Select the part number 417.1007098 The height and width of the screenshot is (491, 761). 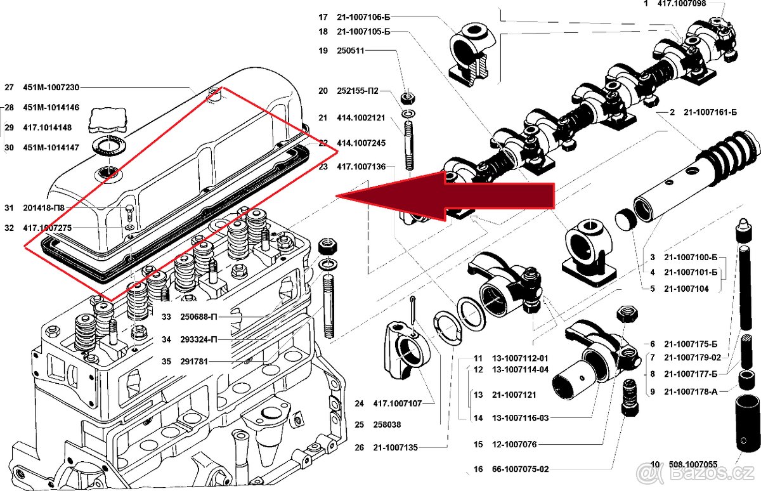click(x=680, y=4)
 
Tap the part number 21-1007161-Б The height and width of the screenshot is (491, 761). click(x=710, y=112)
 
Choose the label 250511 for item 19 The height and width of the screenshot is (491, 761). click(x=351, y=51)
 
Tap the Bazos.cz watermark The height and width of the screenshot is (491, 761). click(x=698, y=473)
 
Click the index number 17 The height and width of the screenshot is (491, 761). click(x=323, y=16)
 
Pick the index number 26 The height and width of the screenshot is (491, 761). click(x=360, y=447)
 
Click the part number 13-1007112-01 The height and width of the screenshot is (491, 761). click(x=520, y=358)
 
